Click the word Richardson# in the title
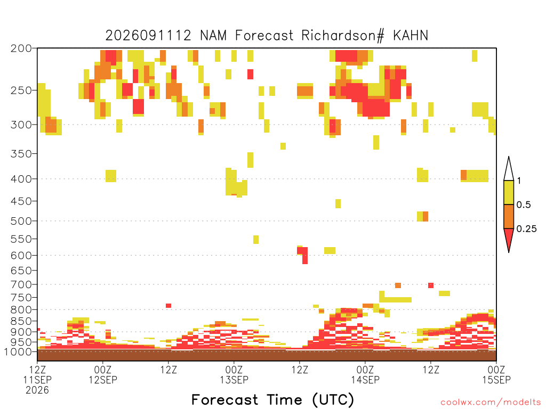[x=343, y=36]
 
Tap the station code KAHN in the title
[x=411, y=36]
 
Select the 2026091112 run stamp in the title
[x=148, y=36]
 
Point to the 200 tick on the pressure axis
[x=21, y=48]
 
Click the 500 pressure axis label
[x=21, y=221]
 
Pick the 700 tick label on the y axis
[x=21, y=285]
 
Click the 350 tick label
[x=21, y=154]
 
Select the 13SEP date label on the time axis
[x=234, y=380]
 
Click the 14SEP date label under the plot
[x=365, y=380]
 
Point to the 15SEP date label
[x=496, y=380]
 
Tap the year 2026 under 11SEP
[x=37, y=390]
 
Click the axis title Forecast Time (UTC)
[x=272, y=400]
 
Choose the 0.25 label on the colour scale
[x=526, y=229]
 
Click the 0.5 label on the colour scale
[x=524, y=205]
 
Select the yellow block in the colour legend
[x=509, y=193]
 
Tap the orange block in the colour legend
[x=509, y=217]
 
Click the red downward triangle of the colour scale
[x=509, y=238]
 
